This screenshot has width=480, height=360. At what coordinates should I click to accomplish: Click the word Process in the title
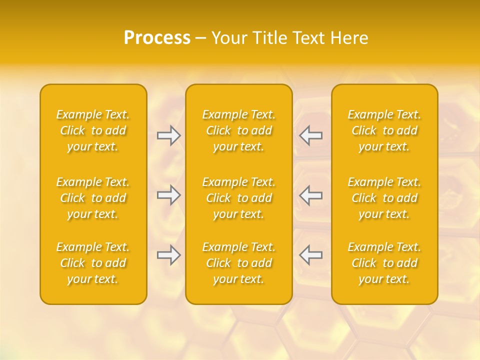point(157,38)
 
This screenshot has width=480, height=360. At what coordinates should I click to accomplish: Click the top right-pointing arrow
point(169,135)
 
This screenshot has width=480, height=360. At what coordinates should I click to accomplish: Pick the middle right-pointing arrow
point(169,195)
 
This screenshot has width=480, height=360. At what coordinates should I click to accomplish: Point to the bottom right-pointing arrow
point(169,255)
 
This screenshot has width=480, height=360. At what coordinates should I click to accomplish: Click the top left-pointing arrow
point(310,135)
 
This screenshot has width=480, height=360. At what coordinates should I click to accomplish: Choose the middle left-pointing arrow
point(310,195)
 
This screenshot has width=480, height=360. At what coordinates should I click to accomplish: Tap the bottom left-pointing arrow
point(310,255)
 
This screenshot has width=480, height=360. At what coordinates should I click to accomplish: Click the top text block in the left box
point(93,130)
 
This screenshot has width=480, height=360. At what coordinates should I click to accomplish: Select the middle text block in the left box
point(93,198)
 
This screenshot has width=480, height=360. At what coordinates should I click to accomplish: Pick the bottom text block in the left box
point(93,263)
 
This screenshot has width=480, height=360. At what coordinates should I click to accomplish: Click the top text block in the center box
point(239,130)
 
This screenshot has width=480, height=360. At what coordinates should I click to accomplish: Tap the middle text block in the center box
point(239,198)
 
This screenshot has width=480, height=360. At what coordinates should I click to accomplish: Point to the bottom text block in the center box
point(239,263)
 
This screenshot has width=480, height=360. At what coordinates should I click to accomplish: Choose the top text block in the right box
point(384,130)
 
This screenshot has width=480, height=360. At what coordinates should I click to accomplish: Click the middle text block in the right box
point(384,198)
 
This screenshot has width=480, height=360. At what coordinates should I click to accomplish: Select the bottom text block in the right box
point(384,263)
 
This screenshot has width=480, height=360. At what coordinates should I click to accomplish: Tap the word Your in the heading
point(229,38)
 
